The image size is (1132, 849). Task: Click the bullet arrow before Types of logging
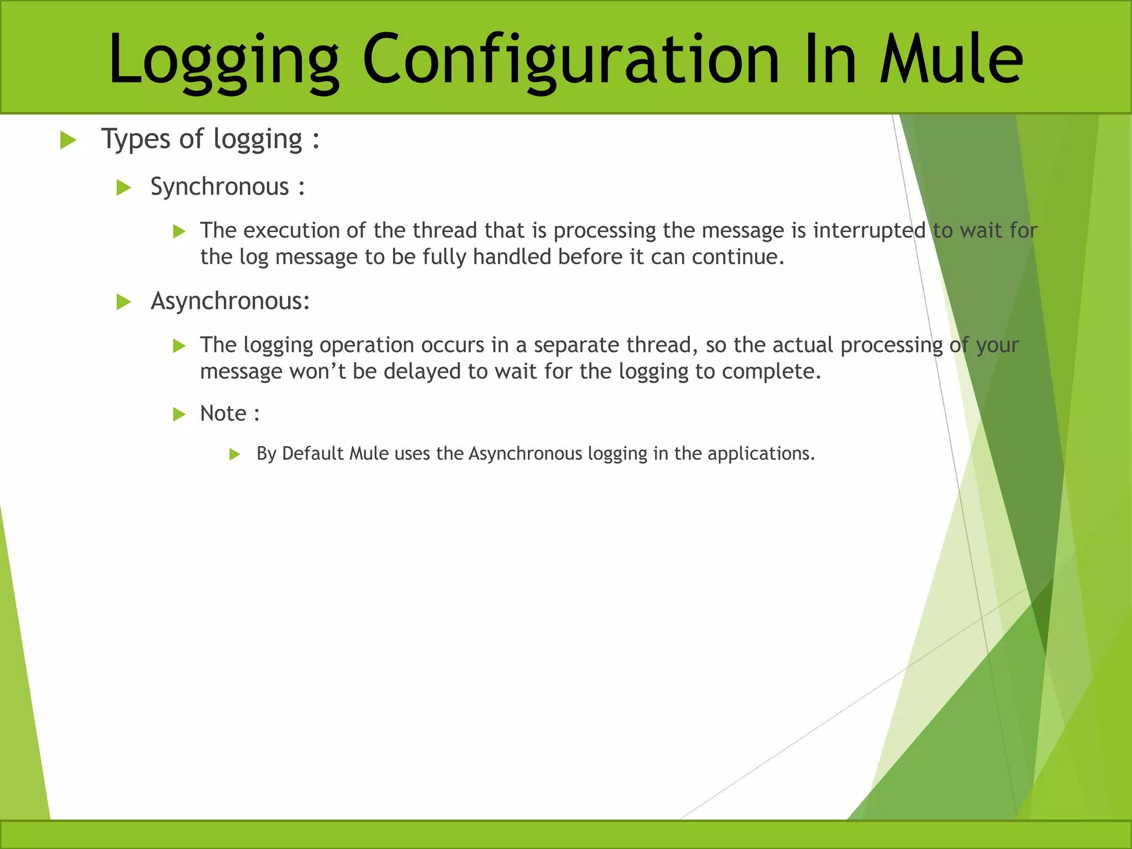[x=68, y=140]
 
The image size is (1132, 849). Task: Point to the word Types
[x=135, y=139]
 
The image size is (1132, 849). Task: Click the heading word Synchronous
[x=219, y=187]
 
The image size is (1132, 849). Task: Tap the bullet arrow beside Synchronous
[x=124, y=188]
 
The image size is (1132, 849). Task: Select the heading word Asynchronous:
[x=230, y=301]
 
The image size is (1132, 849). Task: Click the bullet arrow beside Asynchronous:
[x=124, y=302]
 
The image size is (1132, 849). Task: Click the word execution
[x=291, y=230]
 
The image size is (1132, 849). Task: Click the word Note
[x=223, y=413]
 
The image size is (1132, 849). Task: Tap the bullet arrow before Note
[x=179, y=415]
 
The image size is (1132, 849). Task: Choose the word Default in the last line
[x=312, y=454]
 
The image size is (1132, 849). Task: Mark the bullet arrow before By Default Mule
[x=235, y=455]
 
